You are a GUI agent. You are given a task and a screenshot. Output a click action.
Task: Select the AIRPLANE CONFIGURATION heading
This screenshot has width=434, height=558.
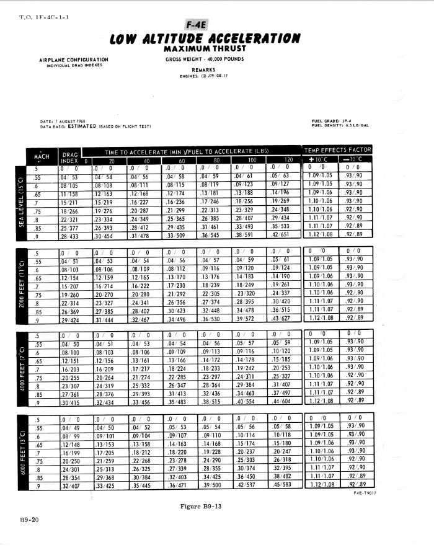coord(74,60)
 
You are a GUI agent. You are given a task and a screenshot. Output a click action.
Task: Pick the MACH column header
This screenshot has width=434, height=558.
coord(40,157)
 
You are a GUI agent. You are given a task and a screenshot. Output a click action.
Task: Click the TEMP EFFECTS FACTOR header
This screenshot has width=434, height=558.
coord(339,150)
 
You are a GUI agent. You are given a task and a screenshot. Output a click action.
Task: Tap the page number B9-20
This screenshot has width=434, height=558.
coord(29,520)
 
